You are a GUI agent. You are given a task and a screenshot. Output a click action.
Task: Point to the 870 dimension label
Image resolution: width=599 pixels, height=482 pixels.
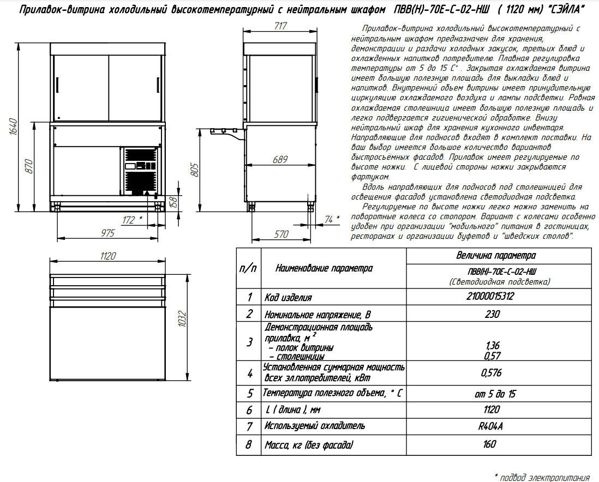click(30, 166)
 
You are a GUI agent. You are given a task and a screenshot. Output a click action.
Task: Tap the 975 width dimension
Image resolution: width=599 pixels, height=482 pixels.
click(107, 233)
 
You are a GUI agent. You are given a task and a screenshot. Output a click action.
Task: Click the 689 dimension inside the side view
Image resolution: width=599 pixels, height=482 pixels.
click(279, 159)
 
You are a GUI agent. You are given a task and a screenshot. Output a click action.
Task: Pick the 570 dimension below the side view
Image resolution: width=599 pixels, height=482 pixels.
click(280, 233)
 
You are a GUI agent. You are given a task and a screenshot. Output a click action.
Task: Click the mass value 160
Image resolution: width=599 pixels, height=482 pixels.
click(490, 444)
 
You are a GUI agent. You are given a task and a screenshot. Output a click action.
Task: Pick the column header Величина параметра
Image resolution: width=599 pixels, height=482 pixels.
click(495, 255)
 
